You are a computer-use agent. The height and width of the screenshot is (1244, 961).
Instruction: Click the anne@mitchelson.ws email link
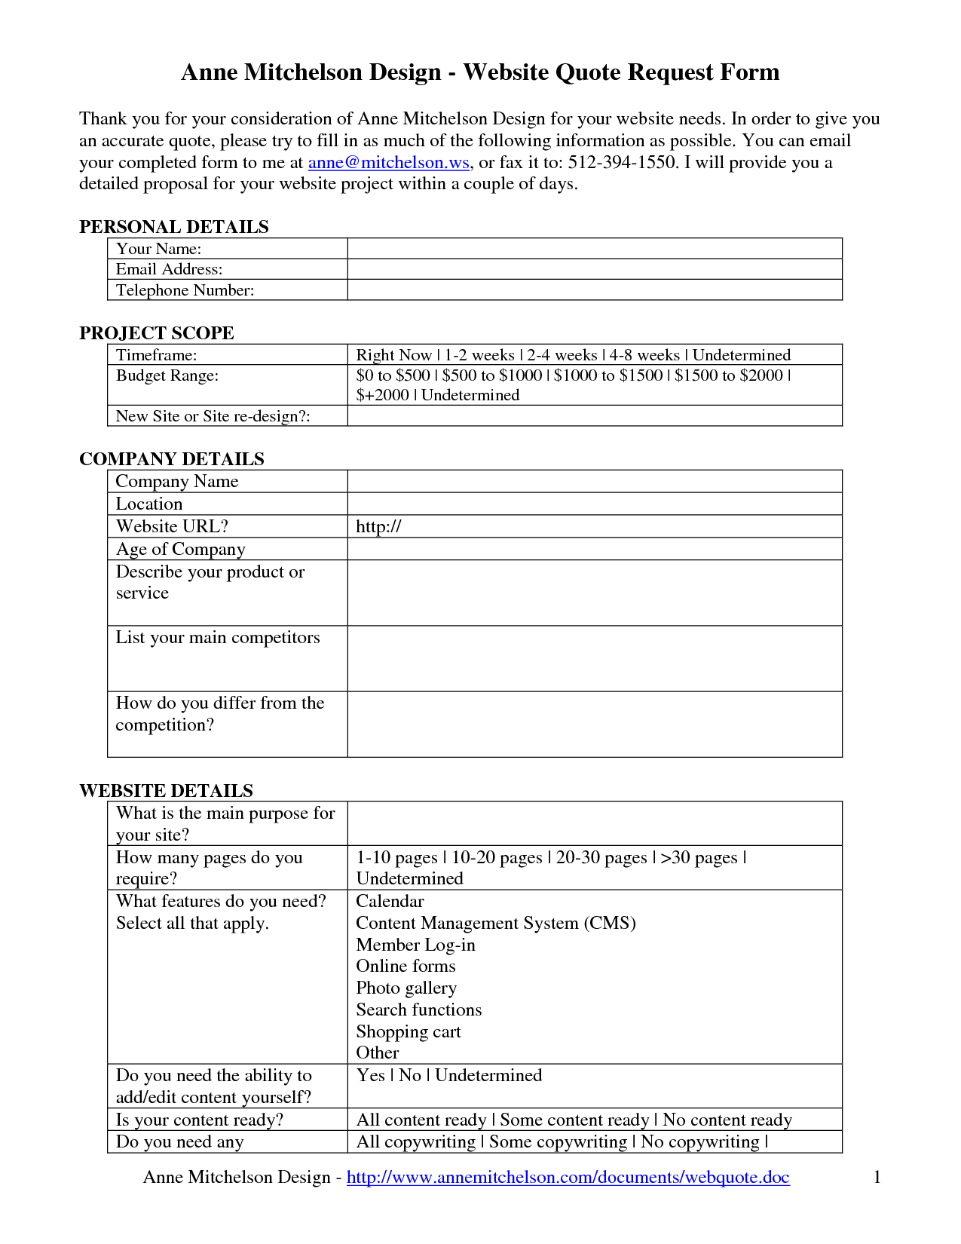(x=388, y=162)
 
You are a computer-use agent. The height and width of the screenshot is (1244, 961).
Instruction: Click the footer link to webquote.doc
(x=568, y=1177)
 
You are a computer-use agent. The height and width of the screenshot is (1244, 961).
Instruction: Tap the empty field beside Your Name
(x=594, y=249)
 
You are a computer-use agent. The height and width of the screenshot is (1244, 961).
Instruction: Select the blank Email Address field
(x=594, y=269)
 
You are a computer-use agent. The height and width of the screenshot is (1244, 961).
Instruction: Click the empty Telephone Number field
(x=594, y=290)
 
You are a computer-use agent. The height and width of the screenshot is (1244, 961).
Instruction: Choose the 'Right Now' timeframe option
(x=393, y=355)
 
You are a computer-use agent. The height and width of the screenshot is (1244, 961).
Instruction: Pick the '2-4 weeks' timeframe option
(x=562, y=355)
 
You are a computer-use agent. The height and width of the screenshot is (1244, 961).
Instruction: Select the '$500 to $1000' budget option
(x=491, y=375)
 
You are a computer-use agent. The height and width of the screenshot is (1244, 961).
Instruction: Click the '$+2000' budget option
(x=382, y=395)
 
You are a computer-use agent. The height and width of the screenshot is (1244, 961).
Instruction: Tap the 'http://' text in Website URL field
(x=378, y=526)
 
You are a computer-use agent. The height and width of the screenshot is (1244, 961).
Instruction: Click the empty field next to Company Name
(x=594, y=482)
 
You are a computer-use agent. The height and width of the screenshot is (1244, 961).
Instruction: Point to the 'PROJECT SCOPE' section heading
(x=157, y=333)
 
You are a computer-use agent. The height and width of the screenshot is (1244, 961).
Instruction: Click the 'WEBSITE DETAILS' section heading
(x=166, y=791)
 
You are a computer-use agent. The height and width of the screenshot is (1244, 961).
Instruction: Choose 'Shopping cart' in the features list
(x=408, y=1031)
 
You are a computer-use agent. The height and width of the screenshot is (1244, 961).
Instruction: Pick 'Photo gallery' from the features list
(x=406, y=988)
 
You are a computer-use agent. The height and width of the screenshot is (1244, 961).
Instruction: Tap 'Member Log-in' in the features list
(x=415, y=945)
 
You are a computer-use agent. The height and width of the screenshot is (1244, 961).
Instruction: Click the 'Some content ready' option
(x=574, y=1120)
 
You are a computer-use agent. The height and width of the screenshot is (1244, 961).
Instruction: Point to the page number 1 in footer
(x=877, y=1177)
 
